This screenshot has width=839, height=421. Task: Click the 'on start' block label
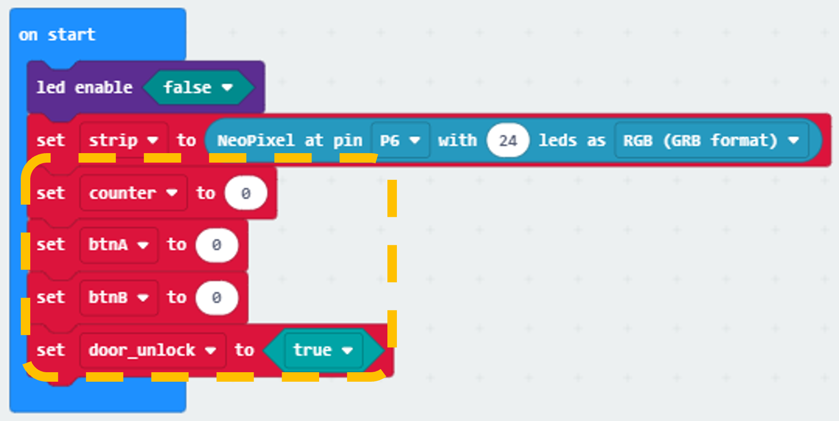click(x=57, y=35)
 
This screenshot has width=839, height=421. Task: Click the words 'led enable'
click(x=85, y=87)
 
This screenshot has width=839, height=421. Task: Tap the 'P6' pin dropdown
click(x=400, y=140)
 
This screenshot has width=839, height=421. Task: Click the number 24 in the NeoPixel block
click(x=508, y=140)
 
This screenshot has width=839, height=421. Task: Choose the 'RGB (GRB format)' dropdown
click(x=711, y=140)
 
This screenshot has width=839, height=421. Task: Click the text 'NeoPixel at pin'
click(x=290, y=140)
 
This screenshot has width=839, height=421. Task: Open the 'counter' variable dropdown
click(x=133, y=193)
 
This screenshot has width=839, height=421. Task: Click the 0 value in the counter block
click(x=246, y=193)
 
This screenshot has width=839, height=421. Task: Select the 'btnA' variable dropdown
click(x=119, y=245)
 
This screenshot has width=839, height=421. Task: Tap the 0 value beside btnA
click(x=217, y=245)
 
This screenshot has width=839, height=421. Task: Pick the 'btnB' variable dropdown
click(x=119, y=297)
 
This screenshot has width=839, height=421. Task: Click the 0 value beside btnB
click(x=217, y=298)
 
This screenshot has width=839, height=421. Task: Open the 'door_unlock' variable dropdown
click(x=153, y=350)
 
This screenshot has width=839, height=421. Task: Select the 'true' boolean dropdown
click(x=323, y=350)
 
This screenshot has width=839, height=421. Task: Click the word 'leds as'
click(x=572, y=140)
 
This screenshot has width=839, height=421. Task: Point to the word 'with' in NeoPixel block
click(x=457, y=140)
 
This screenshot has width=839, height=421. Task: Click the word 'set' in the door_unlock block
click(x=51, y=350)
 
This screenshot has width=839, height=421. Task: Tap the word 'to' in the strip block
click(x=186, y=140)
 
